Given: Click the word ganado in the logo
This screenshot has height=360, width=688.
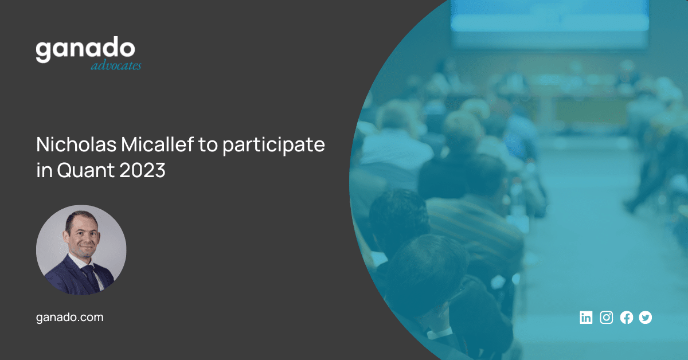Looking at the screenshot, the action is pyautogui.click(x=85, y=49).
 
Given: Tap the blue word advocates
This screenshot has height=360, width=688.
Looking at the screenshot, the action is pyautogui.click(x=116, y=65).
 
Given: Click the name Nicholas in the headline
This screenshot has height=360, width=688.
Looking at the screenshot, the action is pyautogui.click(x=76, y=144).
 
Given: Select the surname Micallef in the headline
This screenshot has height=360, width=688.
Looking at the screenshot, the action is pyautogui.click(x=158, y=144).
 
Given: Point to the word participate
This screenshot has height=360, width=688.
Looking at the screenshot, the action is pyautogui.click(x=273, y=145).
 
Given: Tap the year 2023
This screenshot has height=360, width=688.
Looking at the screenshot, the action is pyautogui.click(x=143, y=170).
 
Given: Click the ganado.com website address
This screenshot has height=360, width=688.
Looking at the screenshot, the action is pyautogui.click(x=70, y=318).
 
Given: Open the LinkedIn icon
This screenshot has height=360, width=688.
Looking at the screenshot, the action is pyautogui.click(x=586, y=318).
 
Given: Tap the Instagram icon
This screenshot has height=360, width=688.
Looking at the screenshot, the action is pyautogui.click(x=607, y=318).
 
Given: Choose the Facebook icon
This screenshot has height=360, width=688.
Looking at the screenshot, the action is pyautogui.click(x=627, y=318).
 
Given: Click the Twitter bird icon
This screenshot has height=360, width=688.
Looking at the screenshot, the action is pyautogui.click(x=646, y=318).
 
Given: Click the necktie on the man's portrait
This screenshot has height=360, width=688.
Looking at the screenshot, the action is pyautogui.click(x=91, y=276).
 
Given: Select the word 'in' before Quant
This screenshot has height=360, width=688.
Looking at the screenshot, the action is pyautogui.click(x=44, y=170).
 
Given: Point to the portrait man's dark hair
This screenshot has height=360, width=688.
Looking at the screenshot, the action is pyautogui.click(x=80, y=217).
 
